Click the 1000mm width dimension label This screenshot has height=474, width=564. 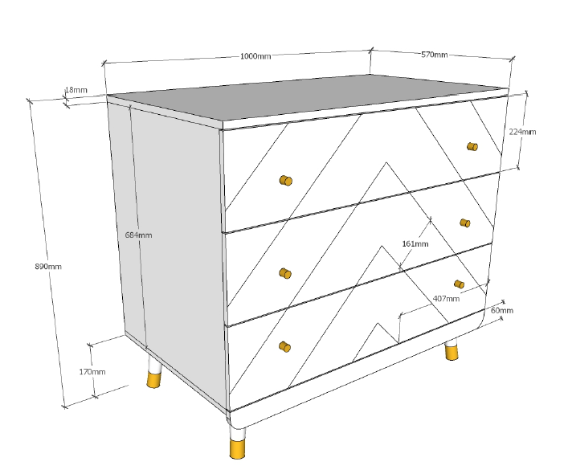coord(255,56)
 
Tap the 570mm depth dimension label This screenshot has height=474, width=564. coord(435,55)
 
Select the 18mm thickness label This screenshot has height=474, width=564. coord(76,90)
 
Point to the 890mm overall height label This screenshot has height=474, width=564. coord(48,267)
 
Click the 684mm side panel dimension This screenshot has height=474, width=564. coord(138,235)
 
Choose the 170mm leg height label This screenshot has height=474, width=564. coord(92,371)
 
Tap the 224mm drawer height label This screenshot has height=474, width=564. coord(522,132)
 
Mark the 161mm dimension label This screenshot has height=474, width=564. coord(415,244)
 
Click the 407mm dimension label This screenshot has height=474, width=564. coord(446,299)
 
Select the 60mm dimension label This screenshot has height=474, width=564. coord(502,310)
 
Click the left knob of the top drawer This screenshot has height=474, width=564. coord(286,180)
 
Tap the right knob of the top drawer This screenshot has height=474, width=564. coord(472,146)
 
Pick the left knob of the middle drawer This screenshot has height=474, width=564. coord(285,273)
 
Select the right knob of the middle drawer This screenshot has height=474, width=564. coord(465,223)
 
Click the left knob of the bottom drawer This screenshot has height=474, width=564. coord(285,347)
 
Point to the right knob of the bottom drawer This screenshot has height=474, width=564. coord(459,284)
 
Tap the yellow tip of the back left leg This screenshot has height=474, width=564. coord(154,380)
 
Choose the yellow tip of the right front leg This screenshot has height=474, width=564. coord(452,352)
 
